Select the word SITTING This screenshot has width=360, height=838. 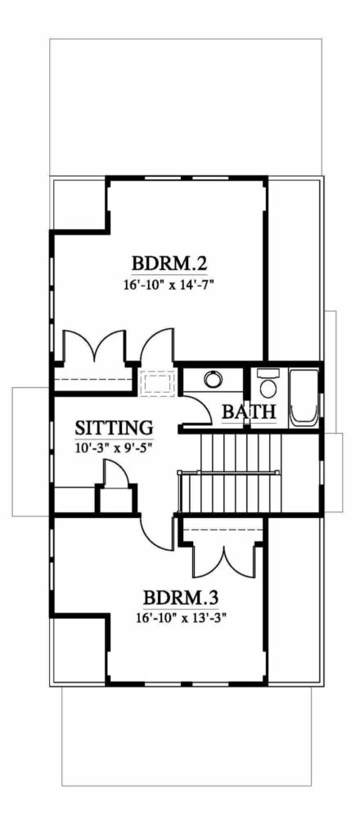(x=115, y=427)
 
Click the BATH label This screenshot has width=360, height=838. (x=249, y=412)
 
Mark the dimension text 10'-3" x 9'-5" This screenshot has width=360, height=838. (x=115, y=447)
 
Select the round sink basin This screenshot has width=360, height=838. (x=213, y=379)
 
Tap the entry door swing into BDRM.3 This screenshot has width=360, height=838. (x=155, y=536)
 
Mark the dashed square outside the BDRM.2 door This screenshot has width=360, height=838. (x=156, y=383)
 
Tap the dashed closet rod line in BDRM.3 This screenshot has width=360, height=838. (x=222, y=530)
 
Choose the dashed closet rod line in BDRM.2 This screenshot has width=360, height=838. (x=94, y=380)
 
